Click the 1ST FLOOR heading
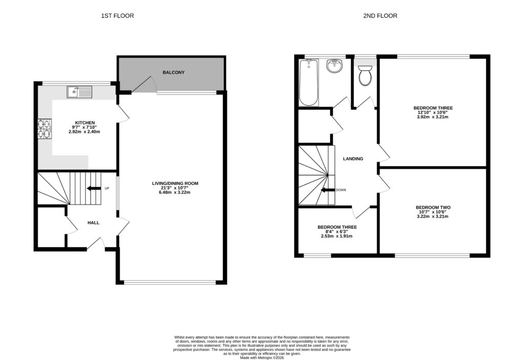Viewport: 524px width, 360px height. [x=117, y=16]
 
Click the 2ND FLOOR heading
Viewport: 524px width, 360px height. [x=380, y=16]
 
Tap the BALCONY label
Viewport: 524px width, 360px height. [x=173, y=73]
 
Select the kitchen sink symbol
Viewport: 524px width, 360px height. [x=79, y=92]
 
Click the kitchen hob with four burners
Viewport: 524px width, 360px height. [x=45, y=128]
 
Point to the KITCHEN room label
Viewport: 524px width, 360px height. [x=84, y=123]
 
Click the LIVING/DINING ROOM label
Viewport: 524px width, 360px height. [x=175, y=183]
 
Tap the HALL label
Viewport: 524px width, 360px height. [x=93, y=222]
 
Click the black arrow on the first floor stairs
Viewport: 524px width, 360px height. [x=94, y=188]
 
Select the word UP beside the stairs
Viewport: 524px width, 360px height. [x=107, y=189]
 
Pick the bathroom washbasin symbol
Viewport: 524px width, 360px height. [x=334, y=66]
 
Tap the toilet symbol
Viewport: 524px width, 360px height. [x=365, y=76]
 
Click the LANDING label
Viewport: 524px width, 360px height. [x=353, y=159]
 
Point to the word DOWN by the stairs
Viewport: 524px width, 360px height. [x=341, y=190]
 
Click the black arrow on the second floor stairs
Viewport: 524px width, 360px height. [x=327, y=190]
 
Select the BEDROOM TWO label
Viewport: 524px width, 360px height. [x=433, y=208]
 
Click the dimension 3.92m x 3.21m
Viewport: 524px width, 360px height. [x=433, y=117]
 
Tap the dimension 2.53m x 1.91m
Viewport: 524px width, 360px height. [x=337, y=236]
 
